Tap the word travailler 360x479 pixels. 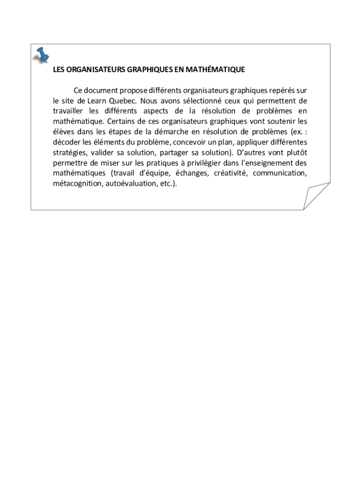coord(68,111)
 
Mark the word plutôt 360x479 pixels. coord(296,152)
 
